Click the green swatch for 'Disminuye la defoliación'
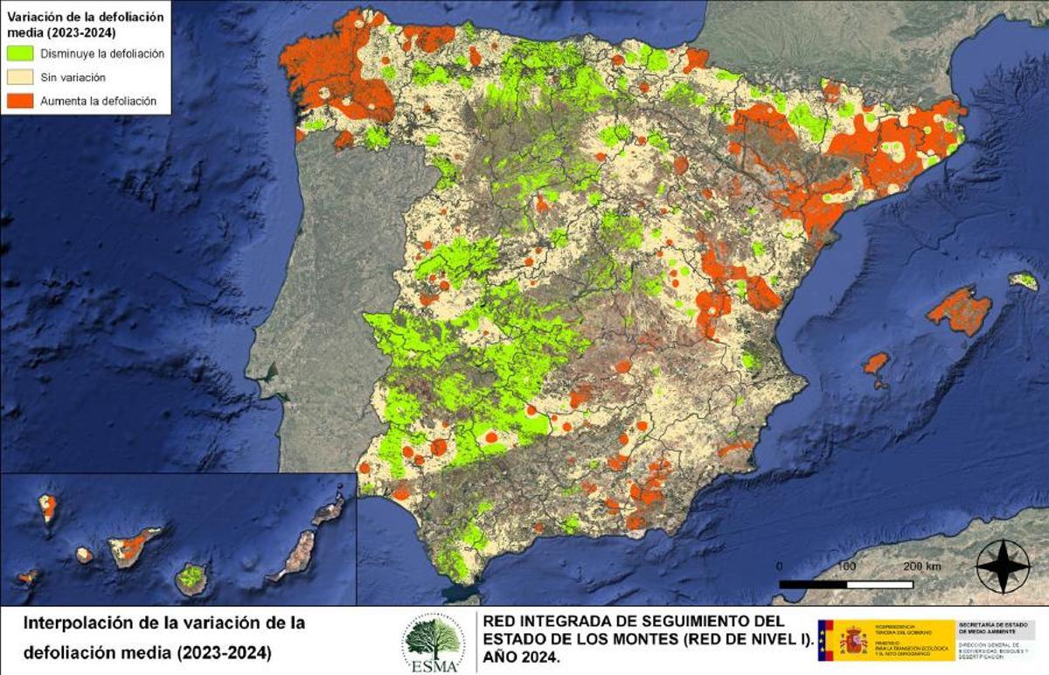20,53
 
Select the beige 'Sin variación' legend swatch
20,77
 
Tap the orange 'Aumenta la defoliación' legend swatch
20,101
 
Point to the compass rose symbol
1003,567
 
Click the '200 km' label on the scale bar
923,567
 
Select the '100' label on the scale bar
846,567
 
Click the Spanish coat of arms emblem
852,641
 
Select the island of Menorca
1024,281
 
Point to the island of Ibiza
875,364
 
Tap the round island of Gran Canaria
191,578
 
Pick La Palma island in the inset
48,507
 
